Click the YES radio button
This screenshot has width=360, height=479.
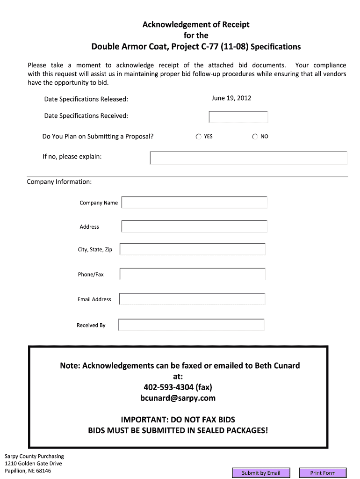click(x=199, y=137)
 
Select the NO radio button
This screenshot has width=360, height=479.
click(x=255, y=137)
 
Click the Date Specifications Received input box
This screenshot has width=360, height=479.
click(x=238, y=117)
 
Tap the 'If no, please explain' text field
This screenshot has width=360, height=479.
click(x=248, y=158)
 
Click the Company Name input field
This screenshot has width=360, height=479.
click(x=194, y=203)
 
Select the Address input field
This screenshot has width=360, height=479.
click(x=194, y=226)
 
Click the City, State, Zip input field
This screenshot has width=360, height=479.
click(x=193, y=249)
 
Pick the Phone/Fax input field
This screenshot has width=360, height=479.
click(x=193, y=274)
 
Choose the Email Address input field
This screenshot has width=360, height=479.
click(x=192, y=299)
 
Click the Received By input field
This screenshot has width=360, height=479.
click(x=192, y=325)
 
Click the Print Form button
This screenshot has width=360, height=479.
click(x=323, y=473)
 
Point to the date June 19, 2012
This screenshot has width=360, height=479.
click(x=231, y=98)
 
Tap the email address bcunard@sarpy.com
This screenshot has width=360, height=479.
click(x=178, y=398)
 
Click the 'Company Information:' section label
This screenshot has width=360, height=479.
click(x=59, y=181)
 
